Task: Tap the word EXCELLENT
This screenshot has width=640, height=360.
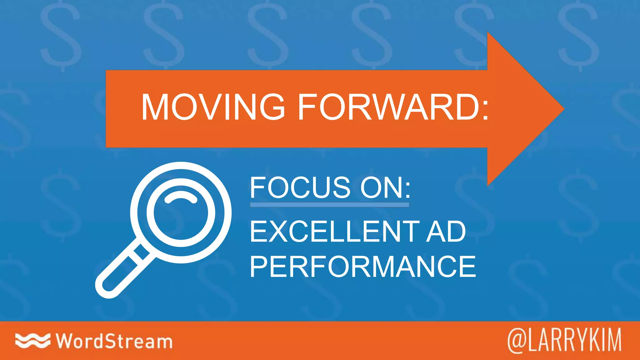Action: point(334,232)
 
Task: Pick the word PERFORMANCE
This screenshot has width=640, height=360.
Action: point(363,267)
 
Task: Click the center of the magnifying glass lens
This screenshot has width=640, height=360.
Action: point(181,212)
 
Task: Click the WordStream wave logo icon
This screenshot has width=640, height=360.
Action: point(32,341)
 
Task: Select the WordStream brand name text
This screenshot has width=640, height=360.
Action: point(114,341)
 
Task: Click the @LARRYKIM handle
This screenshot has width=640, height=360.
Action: point(564,341)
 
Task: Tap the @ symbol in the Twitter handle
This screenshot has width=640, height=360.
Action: point(517,341)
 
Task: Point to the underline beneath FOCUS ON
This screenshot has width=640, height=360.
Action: point(329,205)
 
